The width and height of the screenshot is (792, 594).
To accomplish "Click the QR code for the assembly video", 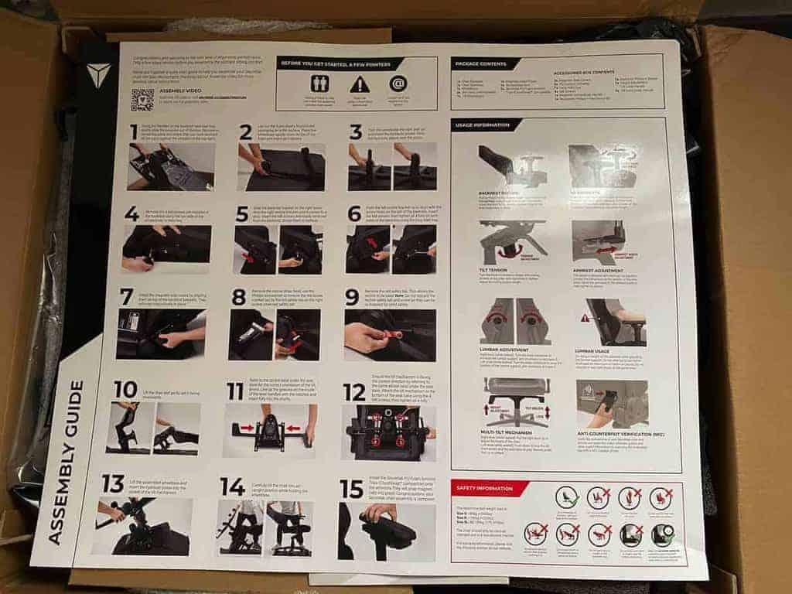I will pos(142,100).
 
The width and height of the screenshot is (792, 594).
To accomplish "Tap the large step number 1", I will pos(134,132).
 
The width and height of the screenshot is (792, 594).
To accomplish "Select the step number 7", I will pos(127,296).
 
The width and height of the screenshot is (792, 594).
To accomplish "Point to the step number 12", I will pos(354,392).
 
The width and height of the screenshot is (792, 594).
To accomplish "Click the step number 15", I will pos(352,488).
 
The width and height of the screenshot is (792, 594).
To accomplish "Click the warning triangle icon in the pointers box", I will pos(359,84).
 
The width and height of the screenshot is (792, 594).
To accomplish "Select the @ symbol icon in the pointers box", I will pos(398,84).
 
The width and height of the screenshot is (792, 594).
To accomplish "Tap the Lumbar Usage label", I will pos(593,350).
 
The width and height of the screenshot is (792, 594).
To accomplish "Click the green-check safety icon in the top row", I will pos(568,497).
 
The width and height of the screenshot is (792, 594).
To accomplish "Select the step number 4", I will pos(131,213).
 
